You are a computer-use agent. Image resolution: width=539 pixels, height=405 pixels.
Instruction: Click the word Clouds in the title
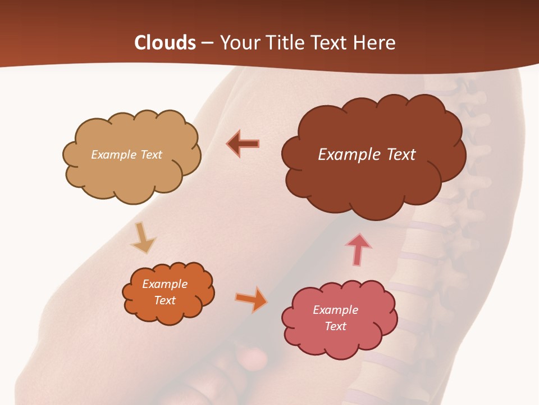(x=165, y=43)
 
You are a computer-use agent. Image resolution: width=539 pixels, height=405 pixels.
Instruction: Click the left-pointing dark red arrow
(x=243, y=143)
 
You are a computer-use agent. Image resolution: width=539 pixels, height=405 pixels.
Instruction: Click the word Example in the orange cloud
(x=165, y=284)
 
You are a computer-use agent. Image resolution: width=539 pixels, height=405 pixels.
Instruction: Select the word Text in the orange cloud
(x=165, y=300)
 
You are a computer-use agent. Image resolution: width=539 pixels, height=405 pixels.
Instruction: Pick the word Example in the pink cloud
(x=335, y=310)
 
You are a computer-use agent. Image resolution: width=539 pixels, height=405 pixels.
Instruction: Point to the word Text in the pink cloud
(x=335, y=326)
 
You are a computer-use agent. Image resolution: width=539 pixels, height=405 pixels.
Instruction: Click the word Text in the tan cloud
(x=150, y=155)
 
